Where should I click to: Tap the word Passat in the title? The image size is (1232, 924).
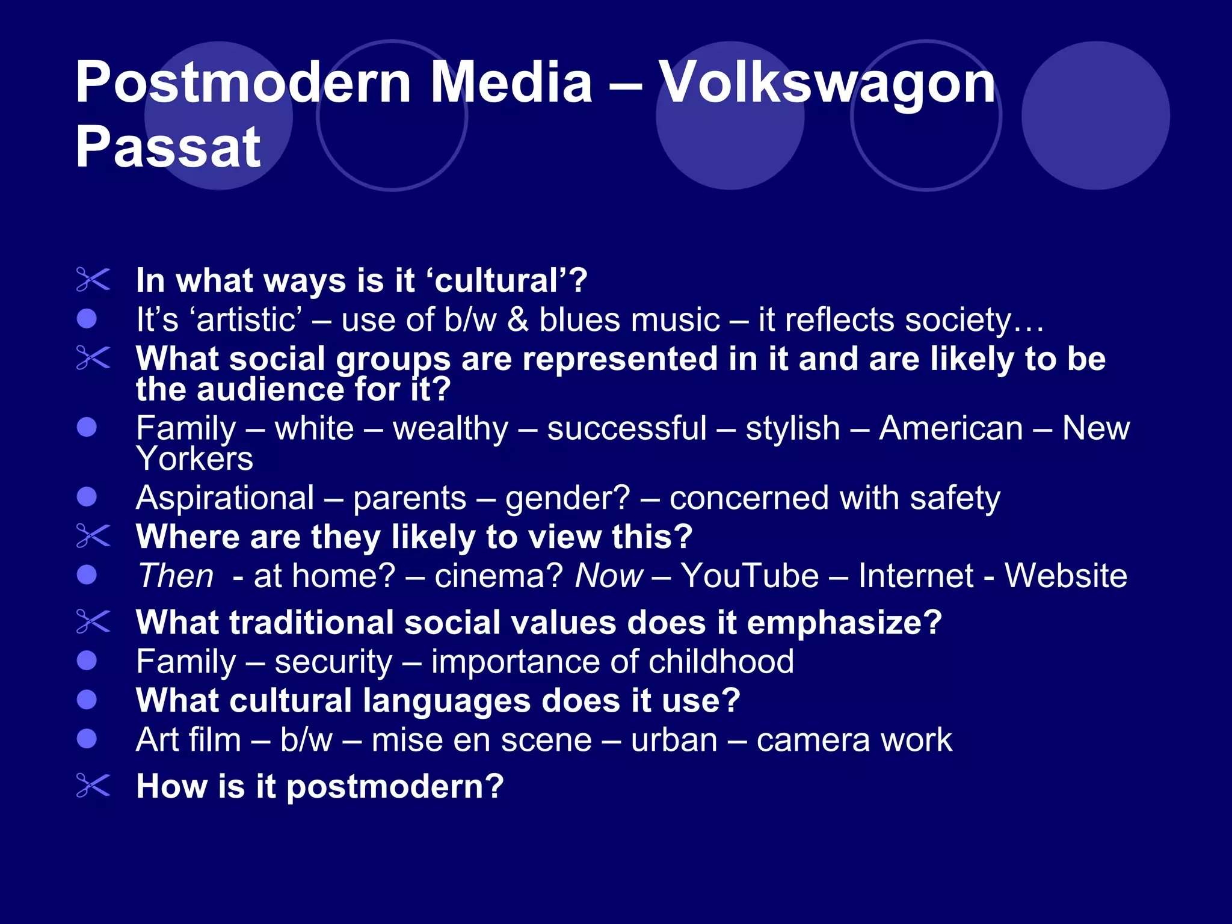click(168, 148)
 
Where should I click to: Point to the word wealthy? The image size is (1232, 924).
click(451, 429)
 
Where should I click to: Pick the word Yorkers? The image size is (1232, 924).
click(194, 459)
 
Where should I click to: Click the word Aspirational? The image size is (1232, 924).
click(225, 498)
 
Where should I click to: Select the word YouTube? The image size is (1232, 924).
click(750, 576)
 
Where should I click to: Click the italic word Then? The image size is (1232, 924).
click(176, 576)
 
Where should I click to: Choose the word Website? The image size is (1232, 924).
click(1066, 576)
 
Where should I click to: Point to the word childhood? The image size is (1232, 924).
click(721, 662)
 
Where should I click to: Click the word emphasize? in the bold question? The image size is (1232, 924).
click(844, 622)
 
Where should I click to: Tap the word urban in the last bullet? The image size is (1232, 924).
click(674, 740)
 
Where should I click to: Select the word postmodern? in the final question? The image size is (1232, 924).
click(395, 787)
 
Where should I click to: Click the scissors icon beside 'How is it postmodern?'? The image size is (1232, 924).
click(93, 786)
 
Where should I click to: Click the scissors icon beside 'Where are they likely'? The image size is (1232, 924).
click(93, 536)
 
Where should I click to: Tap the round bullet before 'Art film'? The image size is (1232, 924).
click(87, 739)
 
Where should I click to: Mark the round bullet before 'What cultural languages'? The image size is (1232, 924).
click(87, 700)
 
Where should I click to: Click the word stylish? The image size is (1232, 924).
click(792, 429)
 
